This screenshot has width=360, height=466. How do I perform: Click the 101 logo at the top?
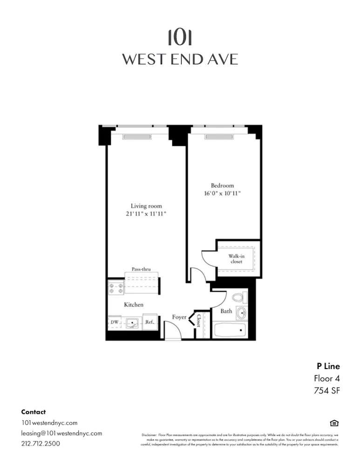click(x=180, y=38)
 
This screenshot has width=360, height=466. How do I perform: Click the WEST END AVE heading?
click(x=180, y=60)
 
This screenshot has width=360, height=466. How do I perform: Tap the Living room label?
click(x=146, y=206)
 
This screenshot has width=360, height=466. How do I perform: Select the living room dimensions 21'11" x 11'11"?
click(x=146, y=214)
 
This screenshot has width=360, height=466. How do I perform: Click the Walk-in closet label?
click(x=236, y=259)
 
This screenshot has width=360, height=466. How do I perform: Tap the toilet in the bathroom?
click(x=238, y=297)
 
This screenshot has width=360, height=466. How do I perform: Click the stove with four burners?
click(x=115, y=288)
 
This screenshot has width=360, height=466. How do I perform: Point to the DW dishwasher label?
click(x=114, y=322)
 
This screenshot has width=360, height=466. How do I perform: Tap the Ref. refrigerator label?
click(x=149, y=322)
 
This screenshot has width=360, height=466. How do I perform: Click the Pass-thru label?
click(x=141, y=269)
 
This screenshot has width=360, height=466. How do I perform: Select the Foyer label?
click(x=179, y=317)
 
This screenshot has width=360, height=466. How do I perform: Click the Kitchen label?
click(x=133, y=305)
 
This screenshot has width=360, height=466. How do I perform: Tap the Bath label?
click(x=226, y=311)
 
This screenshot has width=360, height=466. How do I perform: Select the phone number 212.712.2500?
click(x=41, y=444)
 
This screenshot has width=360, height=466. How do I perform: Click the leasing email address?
click(x=61, y=433)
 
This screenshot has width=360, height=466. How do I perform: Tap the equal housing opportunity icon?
click(x=334, y=423)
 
